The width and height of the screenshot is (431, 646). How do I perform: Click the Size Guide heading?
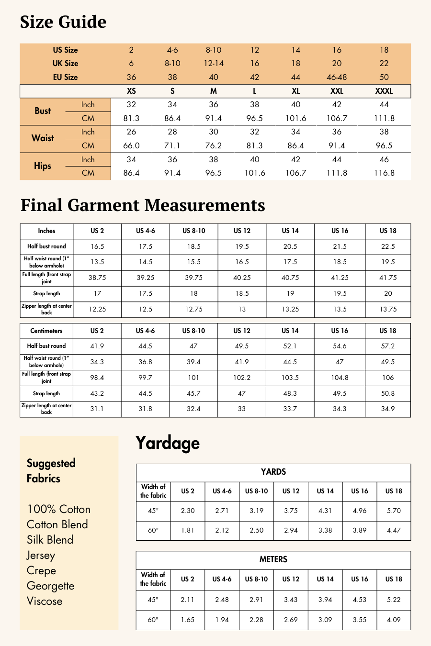(x=63, y=22)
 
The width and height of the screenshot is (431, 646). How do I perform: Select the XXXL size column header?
(x=384, y=91)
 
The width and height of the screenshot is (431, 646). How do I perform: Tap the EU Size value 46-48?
(x=337, y=77)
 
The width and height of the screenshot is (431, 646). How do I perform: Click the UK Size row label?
(x=65, y=63)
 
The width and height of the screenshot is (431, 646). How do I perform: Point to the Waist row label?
(x=43, y=138)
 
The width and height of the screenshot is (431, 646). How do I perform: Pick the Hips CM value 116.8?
(x=384, y=173)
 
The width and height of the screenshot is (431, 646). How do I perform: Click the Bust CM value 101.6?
(x=296, y=118)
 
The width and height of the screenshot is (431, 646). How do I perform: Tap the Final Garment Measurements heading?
(x=143, y=205)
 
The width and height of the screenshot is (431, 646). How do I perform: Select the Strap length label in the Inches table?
(x=46, y=293)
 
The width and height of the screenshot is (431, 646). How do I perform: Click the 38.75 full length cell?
(x=97, y=278)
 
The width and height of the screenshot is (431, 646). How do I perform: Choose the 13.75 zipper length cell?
(x=388, y=309)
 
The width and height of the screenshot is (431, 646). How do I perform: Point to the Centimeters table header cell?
(x=46, y=331)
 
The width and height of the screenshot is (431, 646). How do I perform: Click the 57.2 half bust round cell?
(x=388, y=346)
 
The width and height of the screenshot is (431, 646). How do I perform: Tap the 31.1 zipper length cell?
(x=97, y=409)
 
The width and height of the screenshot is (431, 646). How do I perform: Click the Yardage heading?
(x=168, y=443)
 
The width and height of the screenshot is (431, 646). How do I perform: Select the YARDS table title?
(x=273, y=472)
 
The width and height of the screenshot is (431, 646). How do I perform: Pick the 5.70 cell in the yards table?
(x=394, y=511)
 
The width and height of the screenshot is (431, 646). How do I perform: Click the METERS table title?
(x=273, y=559)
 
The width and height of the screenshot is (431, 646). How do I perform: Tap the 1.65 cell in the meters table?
(x=188, y=620)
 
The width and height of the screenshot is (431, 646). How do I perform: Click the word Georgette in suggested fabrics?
(x=50, y=586)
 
